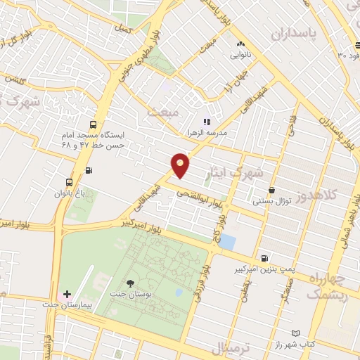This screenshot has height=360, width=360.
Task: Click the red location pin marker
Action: [181, 165]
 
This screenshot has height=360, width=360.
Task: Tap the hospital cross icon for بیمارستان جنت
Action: [67, 294]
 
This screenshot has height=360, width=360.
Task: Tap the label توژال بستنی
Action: [271, 201]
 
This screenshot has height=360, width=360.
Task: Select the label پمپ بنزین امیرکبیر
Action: [264, 269]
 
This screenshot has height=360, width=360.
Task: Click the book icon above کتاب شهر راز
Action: [296, 334]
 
